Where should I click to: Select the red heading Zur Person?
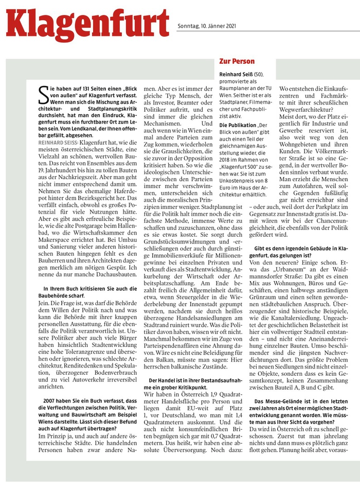(x=237, y=61)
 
